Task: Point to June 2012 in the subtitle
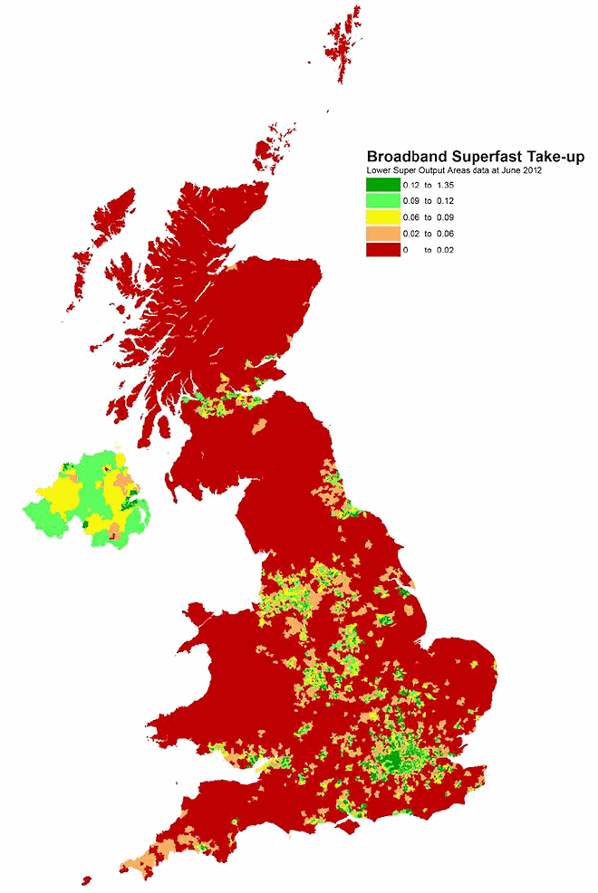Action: click(x=520, y=170)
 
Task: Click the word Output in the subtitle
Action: click(x=442, y=170)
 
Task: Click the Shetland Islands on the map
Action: click(x=344, y=45)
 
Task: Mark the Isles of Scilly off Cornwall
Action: click(x=86, y=879)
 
